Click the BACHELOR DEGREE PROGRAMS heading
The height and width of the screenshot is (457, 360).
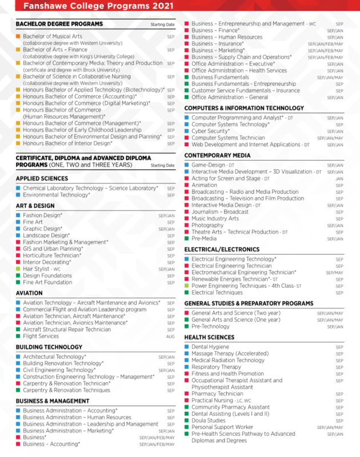[59, 24]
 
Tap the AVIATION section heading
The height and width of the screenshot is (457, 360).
[29, 293]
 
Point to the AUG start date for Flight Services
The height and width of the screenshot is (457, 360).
[170, 337]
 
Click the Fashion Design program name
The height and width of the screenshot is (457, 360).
[43, 215]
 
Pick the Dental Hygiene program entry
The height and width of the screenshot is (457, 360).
[210, 347]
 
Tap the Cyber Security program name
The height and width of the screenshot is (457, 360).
[210, 131]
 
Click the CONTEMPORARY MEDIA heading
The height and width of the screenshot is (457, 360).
[217, 155]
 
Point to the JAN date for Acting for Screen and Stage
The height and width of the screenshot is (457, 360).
[339, 179]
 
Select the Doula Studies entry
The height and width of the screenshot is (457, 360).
[209, 421]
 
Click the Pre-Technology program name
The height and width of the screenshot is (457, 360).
[210, 327]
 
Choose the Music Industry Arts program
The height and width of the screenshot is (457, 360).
[215, 219]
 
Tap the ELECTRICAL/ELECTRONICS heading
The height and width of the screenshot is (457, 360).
[222, 250]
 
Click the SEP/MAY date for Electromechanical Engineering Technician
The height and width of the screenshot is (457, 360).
[335, 273]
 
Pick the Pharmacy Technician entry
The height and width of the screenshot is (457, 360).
[217, 394]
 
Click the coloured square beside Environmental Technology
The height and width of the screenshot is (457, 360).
[18, 195]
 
